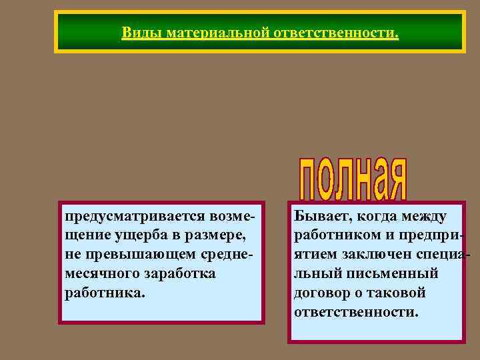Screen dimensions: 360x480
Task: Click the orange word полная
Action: [351, 179]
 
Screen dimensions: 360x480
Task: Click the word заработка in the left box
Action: [178, 274]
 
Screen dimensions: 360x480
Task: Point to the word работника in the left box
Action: [104, 293]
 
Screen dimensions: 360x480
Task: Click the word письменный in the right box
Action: [391, 273]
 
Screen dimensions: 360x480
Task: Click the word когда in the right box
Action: [377, 216]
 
